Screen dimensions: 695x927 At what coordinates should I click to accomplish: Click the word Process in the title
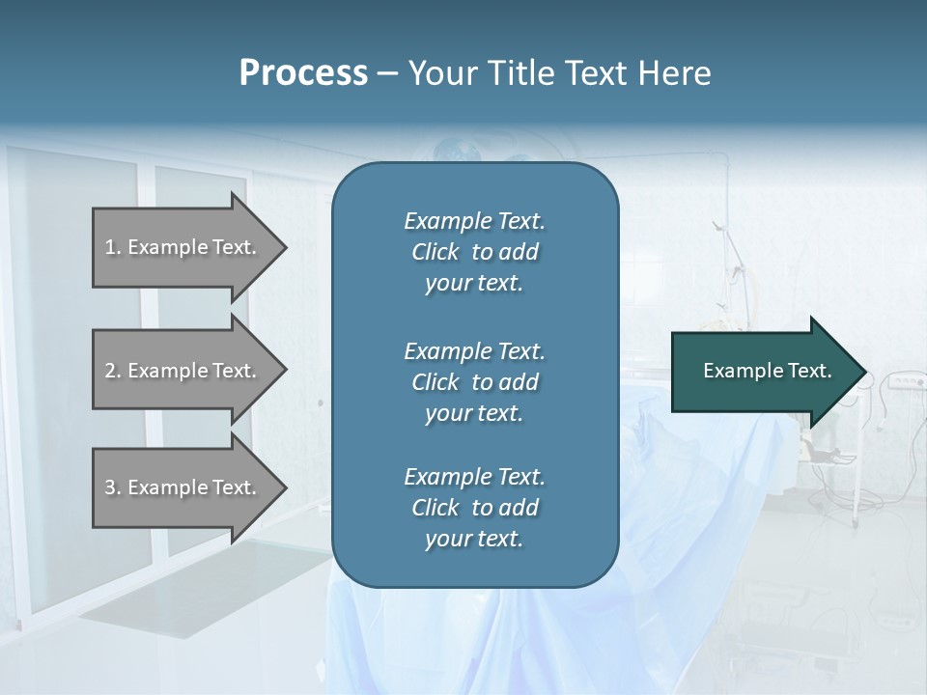tap(303, 72)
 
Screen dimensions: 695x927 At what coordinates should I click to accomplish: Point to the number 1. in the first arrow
tap(113, 247)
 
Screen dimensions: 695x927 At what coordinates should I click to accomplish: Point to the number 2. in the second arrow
tap(113, 371)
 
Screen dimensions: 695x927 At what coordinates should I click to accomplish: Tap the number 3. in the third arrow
tap(113, 487)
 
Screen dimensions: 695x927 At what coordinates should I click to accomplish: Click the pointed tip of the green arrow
tap(862, 372)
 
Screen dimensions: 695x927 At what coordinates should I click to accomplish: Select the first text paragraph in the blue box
tap(474, 252)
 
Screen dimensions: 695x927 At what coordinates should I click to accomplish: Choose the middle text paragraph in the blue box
tap(474, 381)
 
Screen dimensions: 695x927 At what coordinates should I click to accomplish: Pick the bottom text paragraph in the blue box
tap(474, 508)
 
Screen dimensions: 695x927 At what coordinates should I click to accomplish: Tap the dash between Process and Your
tap(388, 73)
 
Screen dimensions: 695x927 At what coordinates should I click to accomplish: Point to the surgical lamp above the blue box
tap(455, 150)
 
